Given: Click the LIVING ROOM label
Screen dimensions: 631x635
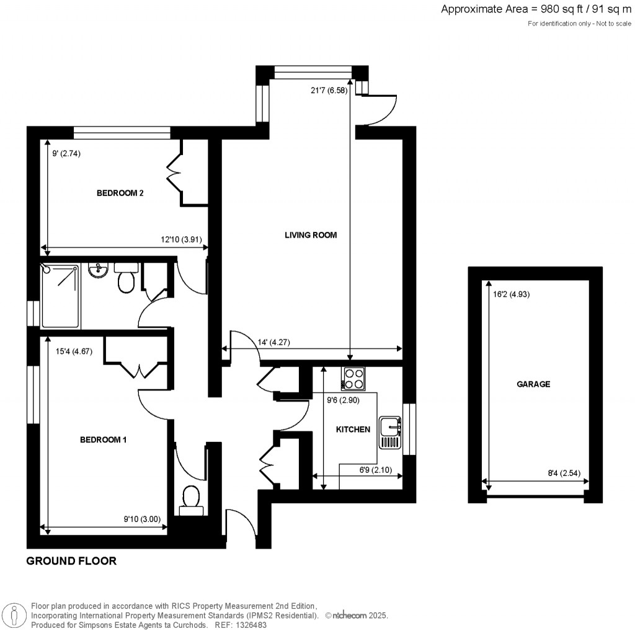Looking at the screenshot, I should click(310, 235).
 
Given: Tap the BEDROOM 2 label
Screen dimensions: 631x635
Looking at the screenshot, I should click(120, 193).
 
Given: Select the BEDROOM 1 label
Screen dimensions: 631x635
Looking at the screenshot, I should click(103, 440).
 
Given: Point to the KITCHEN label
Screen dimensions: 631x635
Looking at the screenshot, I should click(353, 430).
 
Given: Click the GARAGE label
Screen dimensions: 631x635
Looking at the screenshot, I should click(533, 384).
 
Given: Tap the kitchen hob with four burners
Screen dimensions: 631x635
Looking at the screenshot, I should click(353, 379).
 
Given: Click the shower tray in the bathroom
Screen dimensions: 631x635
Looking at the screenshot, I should click(60, 295).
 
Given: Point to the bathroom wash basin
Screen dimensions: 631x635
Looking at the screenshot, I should click(98, 270).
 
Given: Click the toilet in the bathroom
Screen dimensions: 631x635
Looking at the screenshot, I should click(127, 279).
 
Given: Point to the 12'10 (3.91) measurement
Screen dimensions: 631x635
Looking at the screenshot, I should click(181, 240).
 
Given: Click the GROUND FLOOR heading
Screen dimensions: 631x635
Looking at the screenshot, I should click(71, 562).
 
